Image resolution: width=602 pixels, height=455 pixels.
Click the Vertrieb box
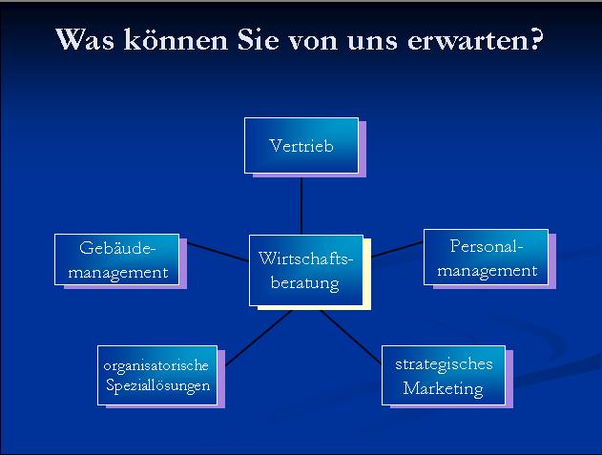[301, 146]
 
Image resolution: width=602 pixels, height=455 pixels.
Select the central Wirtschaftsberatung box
[306, 270]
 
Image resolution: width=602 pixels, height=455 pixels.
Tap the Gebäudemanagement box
[116, 259]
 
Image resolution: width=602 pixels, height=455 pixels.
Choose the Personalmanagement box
[486, 258]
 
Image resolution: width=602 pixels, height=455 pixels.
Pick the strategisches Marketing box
[444, 375]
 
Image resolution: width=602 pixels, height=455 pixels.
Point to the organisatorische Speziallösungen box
[157, 375]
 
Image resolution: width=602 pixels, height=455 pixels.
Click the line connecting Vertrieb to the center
[301, 206]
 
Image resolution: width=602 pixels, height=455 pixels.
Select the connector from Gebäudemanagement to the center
[218, 252]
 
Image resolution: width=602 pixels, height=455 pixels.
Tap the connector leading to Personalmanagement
[398, 249]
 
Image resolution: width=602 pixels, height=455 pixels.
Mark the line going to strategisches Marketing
[351, 337]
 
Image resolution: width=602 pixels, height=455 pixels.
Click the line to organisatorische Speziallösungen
[259, 338]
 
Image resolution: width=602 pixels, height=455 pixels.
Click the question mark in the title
[533, 38]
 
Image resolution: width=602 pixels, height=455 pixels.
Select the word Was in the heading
[85, 39]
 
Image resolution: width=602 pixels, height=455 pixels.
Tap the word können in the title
[176, 39]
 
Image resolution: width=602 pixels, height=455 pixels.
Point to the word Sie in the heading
[258, 39]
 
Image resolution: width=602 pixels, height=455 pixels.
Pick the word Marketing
[443, 388]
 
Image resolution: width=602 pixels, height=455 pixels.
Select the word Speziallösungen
[157, 385]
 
